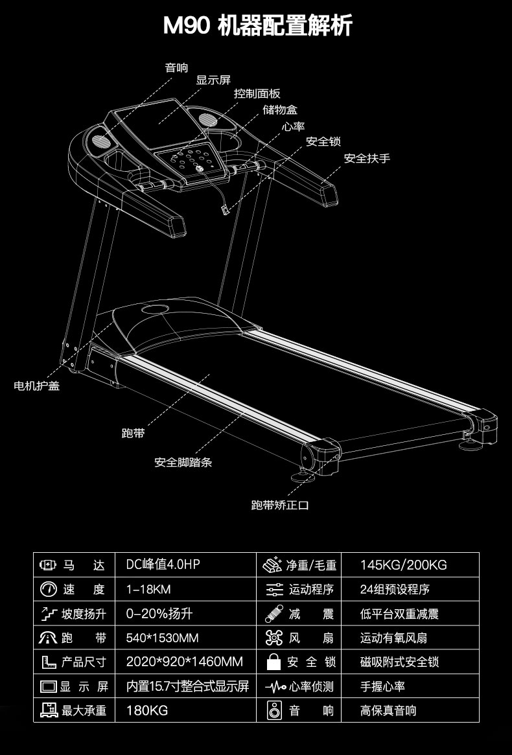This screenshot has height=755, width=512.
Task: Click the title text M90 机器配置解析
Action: pos(257,27)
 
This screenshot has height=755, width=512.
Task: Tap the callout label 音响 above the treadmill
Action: pos(176,67)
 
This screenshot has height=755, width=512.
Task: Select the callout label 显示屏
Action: pos(213,80)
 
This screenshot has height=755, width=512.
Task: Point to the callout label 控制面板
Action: pos(257,94)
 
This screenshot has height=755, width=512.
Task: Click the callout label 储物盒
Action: pos(280,110)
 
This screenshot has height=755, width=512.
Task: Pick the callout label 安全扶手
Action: pos(367,158)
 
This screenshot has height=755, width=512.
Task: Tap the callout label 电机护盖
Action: pos(37,386)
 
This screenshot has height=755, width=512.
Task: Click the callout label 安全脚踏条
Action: pos(183,463)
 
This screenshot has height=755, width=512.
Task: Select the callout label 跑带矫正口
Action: pos(280,505)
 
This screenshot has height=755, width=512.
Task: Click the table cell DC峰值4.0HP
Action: pos(163,565)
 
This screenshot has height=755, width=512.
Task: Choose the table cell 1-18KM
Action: pos(148,590)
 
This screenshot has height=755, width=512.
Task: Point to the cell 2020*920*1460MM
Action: pos(184,662)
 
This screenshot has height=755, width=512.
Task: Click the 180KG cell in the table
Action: pos(146,711)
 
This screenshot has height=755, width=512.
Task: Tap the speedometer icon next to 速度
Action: pos(49,589)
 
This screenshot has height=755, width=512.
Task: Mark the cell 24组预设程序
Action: pos(395,590)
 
